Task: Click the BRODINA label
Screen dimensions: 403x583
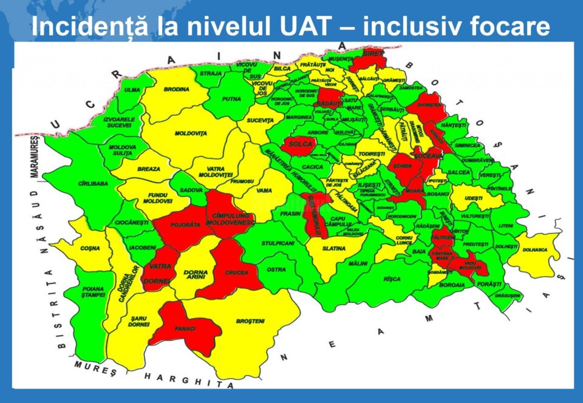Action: pos(177,89)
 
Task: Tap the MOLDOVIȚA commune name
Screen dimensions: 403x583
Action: pos(191,133)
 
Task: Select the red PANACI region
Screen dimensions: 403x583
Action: pos(185,329)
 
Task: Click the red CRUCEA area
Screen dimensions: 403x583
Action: pos(236,273)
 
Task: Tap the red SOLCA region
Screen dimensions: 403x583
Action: pos(301,144)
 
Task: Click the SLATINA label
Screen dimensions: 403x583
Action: pos(334,248)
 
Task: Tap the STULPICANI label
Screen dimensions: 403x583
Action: pos(278,243)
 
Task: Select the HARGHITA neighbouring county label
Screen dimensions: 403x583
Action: pos(182,381)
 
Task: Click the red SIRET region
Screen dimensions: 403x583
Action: pos(371,55)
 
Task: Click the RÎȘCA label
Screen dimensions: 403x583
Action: pos(392,279)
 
